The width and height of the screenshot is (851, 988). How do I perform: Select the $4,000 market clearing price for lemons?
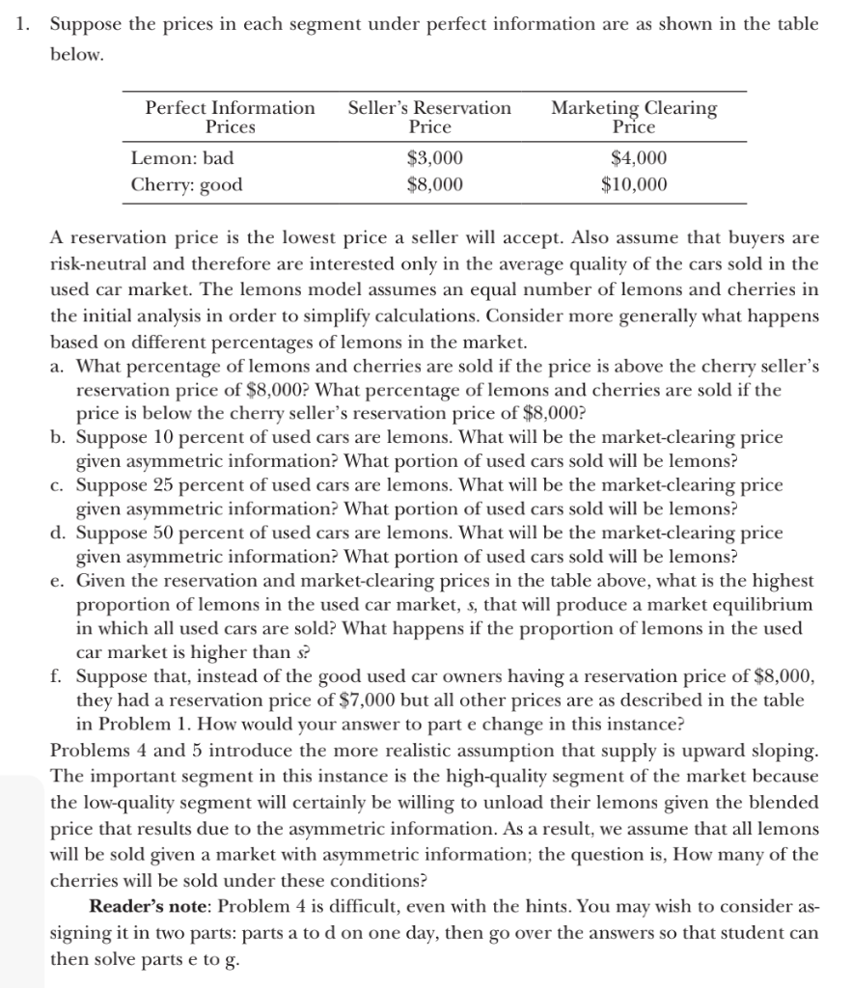(x=639, y=158)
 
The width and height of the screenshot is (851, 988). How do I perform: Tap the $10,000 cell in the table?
(x=634, y=183)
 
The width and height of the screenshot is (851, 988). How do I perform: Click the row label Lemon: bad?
(x=182, y=158)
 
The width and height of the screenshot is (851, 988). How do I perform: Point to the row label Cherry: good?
(x=187, y=183)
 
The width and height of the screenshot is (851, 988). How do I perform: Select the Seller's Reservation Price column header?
(x=429, y=117)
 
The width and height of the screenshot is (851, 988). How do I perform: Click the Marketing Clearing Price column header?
(x=634, y=117)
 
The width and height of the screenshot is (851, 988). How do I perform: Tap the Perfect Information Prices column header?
(x=230, y=117)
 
